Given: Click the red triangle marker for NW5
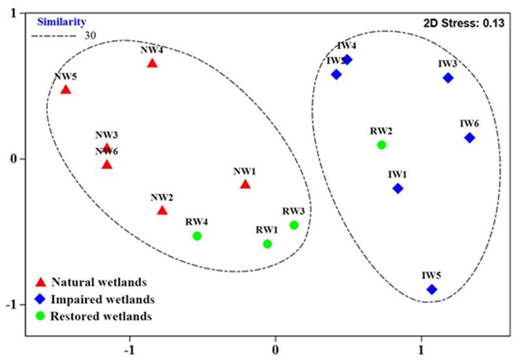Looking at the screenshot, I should point(65,89).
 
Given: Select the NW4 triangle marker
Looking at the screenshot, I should point(152,63).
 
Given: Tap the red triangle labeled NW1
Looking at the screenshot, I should point(245,184).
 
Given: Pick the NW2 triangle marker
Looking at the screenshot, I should point(162,210).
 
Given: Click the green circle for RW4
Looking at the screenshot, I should point(197,236).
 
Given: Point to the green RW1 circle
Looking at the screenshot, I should point(268,244).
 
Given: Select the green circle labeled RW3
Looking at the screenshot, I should point(294,225).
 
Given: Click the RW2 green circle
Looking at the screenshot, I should point(381,145).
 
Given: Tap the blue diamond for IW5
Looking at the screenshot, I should point(432,289).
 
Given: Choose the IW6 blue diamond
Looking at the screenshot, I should point(470,137).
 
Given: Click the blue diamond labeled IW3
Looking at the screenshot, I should point(448,78).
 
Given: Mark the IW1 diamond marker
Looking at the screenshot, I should point(398,189).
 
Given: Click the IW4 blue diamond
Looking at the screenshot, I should point(347,60).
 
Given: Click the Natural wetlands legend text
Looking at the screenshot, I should point(98,283).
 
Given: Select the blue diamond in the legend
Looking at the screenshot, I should point(41,300).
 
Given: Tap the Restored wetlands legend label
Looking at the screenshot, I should point(102,317).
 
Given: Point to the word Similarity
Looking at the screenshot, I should point(61,22).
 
